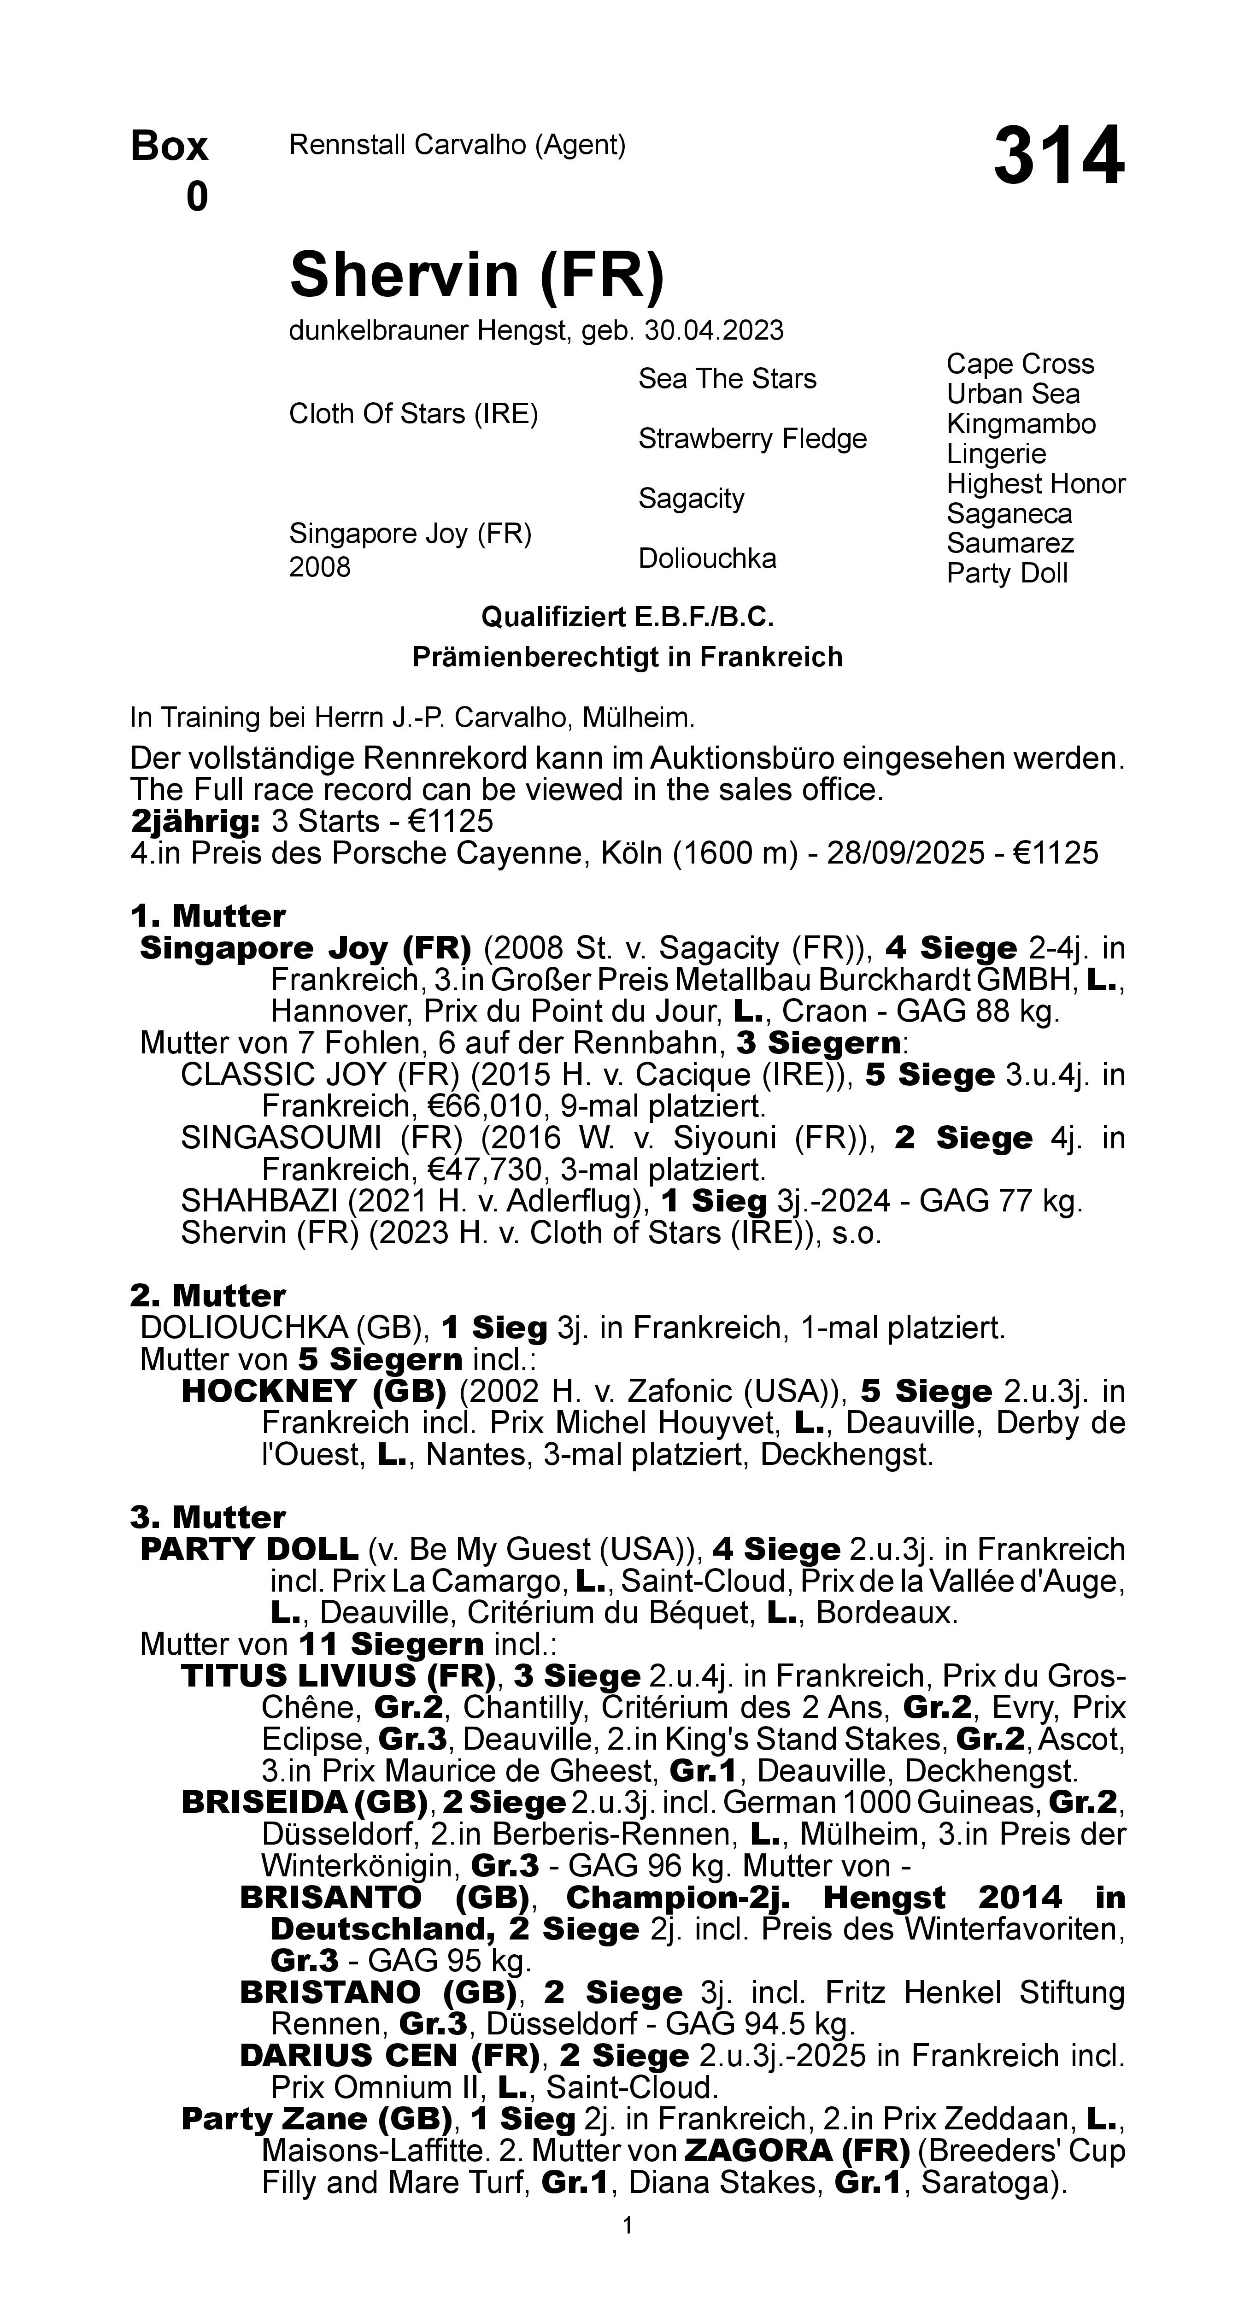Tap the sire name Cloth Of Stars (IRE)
pos(413,414)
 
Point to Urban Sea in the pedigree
pos(1013,394)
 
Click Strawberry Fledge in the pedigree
pos(751,439)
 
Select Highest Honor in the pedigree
pos(1035,484)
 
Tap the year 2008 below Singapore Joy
pos(319,568)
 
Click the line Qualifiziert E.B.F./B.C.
pos(627,617)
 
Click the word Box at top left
pos(169,146)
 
